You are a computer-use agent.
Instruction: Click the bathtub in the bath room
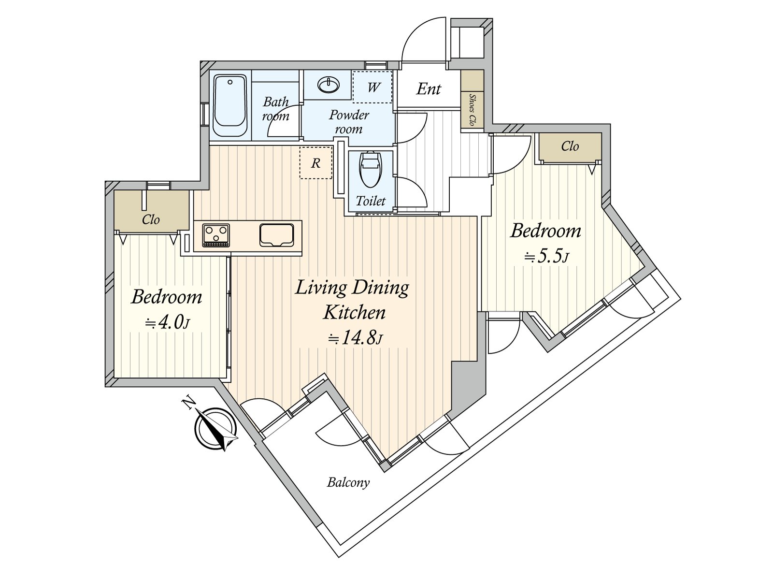click(x=230, y=105)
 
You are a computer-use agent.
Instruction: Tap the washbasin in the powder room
click(x=329, y=85)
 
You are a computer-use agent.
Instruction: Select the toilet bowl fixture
click(x=371, y=169)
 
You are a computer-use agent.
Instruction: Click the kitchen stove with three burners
click(x=216, y=235)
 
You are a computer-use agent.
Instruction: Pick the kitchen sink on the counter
click(x=276, y=235)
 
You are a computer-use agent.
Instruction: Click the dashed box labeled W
click(x=372, y=87)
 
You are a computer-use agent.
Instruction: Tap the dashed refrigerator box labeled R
click(x=315, y=163)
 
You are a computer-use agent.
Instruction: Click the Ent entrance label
click(x=428, y=89)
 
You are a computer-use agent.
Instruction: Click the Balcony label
click(x=348, y=482)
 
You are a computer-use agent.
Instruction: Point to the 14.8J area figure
click(x=355, y=338)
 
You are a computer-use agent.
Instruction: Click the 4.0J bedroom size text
click(x=167, y=322)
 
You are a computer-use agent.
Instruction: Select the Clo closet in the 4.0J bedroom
click(x=151, y=211)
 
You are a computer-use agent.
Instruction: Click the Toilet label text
click(x=371, y=201)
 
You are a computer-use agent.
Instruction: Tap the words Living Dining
click(x=352, y=288)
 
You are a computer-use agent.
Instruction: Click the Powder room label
click(x=349, y=122)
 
